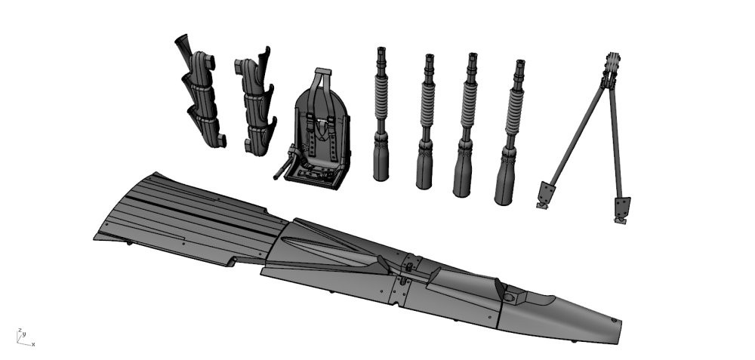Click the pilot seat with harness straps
pyautogui.click(x=317, y=130)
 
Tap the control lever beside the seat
pyautogui.click(x=283, y=167)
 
